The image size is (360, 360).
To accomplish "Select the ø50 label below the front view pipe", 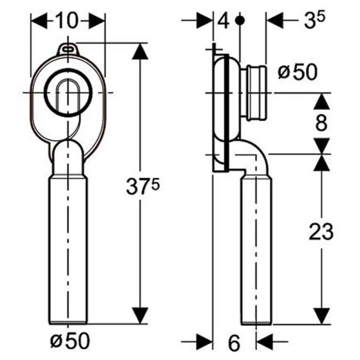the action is [70, 341].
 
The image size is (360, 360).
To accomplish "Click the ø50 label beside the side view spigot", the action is [297, 72].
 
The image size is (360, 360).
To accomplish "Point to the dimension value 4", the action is [223, 21].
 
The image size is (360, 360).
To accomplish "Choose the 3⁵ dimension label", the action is [314, 20].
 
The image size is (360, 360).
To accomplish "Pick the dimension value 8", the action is [321, 123].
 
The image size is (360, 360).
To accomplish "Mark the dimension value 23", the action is [321, 231].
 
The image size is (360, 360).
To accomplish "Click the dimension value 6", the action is [234, 343].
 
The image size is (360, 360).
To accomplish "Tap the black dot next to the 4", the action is [240, 21].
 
